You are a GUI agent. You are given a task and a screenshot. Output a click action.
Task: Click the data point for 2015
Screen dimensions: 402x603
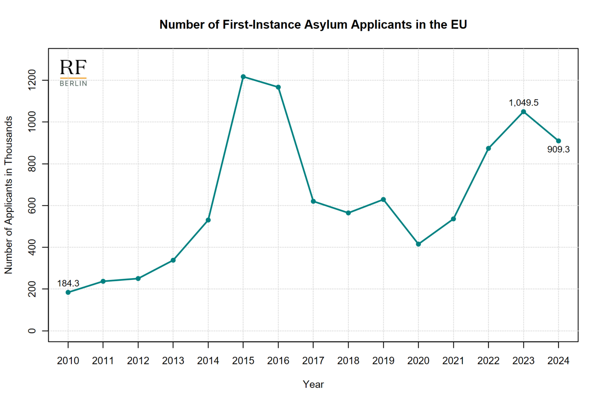(243, 77)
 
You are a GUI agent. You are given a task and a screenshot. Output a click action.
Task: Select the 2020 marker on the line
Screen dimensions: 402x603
(418, 244)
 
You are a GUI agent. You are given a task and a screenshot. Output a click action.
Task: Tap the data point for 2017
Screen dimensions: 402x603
(313, 201)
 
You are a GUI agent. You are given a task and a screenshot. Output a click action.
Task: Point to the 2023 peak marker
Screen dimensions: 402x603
(523, 112)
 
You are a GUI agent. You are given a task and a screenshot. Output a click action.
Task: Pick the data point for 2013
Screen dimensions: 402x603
(173, 260)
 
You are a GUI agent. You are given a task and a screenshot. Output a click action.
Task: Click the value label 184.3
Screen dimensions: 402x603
(68, 283)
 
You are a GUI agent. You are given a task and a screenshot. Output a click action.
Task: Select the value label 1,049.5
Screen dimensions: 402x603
(523, 102)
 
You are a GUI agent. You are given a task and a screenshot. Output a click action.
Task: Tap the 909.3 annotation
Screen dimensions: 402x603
(558, 150)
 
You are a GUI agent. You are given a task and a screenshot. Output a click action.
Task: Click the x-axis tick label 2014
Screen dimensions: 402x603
(208, 361)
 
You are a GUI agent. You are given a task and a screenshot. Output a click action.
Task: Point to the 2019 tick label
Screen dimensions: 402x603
(383, 361)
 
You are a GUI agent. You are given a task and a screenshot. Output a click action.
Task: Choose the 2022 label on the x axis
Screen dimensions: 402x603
(488, 361)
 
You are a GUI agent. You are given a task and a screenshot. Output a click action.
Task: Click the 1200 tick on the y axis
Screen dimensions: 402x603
(32, 80)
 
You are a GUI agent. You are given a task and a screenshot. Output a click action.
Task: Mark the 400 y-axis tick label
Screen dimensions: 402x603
(32, 247)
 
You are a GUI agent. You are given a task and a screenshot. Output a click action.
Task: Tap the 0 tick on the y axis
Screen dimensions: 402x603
(32, 331)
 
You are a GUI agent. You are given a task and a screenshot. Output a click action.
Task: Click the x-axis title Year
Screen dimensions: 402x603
(313, 384)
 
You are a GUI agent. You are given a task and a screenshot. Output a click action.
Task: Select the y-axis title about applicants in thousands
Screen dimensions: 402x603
(8, 195)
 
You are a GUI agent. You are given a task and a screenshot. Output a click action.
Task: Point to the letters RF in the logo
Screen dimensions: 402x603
(73, 67)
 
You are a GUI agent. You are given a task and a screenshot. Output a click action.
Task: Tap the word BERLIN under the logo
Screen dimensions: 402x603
(73, 84)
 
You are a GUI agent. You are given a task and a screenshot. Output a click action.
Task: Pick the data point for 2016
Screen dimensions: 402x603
(278, 87)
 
